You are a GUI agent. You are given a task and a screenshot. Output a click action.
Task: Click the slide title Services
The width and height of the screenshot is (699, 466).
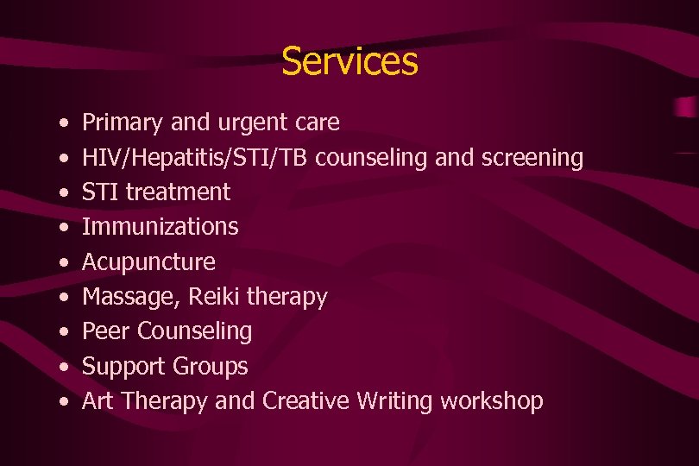[349, 61]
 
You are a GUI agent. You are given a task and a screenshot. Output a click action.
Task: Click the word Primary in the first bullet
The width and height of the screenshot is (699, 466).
[122, 123]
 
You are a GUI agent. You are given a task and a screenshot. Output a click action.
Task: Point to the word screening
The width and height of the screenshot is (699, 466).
[530, 158]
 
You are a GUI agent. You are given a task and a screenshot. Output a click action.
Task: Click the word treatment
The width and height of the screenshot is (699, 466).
[178, 192]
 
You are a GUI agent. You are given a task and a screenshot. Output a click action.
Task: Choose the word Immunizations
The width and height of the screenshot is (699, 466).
[160, 227]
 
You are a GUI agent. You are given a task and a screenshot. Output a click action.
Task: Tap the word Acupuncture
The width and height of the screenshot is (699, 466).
[148, 261]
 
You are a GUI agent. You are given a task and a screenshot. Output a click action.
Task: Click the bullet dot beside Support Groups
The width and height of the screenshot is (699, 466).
[66, 367]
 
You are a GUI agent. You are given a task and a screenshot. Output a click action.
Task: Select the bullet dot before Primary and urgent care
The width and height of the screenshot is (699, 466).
[66, 123]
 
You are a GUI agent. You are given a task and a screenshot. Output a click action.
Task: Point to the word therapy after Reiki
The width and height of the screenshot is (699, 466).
[287, 298]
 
